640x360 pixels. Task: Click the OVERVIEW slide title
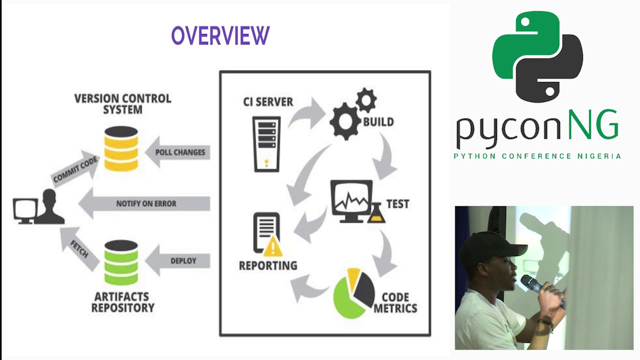(x=220, y=36)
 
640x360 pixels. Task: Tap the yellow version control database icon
(x=121, y=148)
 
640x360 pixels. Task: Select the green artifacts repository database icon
(x=121, y=262)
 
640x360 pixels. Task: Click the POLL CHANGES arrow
(x=177, y=152)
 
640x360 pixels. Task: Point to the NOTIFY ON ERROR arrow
(x=145, y=203)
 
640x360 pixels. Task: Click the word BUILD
(x=378, y=122)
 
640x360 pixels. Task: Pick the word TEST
(x=397, y=204)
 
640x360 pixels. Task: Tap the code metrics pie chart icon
(x=353, y=293)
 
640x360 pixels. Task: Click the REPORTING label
(x=267, y=265)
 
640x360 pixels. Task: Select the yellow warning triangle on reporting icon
(x=273, y=246)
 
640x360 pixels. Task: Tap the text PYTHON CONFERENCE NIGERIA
(x=537, y=156)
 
